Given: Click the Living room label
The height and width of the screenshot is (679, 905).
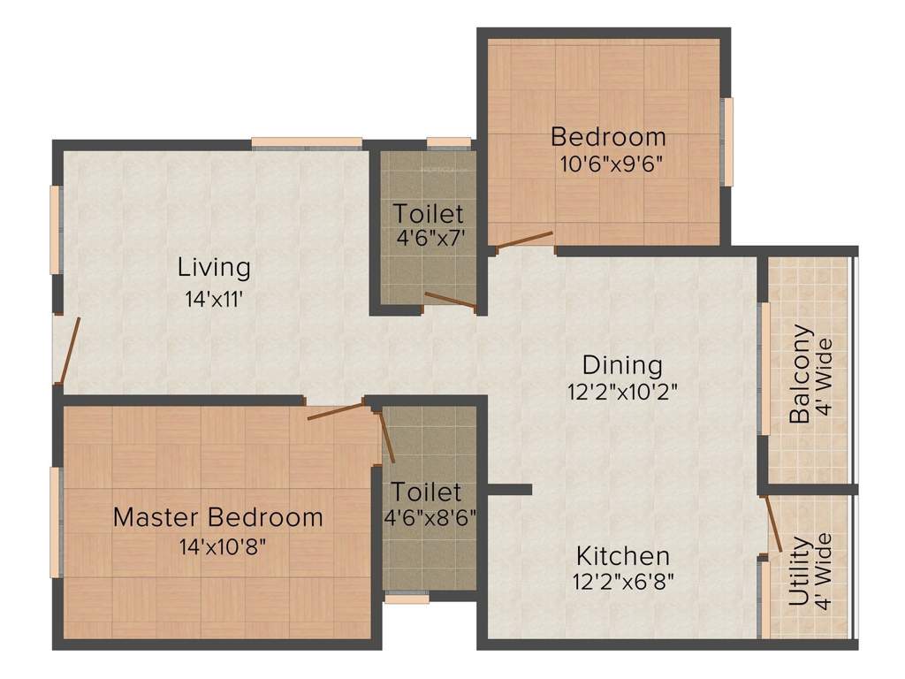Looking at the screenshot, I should pos(214,266).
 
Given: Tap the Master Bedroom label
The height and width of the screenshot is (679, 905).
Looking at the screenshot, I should pos(218,517).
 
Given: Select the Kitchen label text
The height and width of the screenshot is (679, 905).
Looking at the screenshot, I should pos(623,556).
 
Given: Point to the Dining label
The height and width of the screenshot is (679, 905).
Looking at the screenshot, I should pos(622,364).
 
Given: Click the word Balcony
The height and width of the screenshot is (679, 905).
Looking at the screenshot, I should pos(800,374).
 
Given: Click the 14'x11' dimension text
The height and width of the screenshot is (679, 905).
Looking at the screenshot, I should pos(214,299).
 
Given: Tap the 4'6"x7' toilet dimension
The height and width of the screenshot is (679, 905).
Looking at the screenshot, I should pos(429,238).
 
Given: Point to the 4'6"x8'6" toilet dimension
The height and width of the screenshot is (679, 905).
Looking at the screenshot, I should pos(429,517).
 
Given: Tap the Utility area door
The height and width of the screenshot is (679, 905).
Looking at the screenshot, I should pos(772,524).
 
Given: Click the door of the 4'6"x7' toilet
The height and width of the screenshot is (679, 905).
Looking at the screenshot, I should pos(451,301).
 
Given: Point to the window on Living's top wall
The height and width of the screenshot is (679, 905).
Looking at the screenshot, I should pos(307,143).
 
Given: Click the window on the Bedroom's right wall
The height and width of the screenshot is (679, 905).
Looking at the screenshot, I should pos(728,141).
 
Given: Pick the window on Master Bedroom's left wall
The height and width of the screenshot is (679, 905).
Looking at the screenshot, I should pos(56,522).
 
